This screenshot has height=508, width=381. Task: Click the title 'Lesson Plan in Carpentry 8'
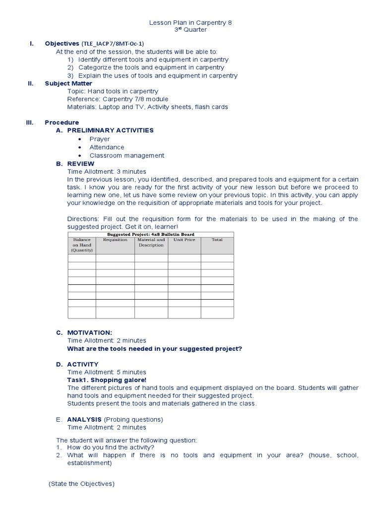tap(190, 23)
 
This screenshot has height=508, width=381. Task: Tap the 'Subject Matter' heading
tap(68, 83)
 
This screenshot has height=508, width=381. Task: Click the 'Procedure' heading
tap(62, 122)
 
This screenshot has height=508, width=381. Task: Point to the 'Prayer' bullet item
tap(100, 139)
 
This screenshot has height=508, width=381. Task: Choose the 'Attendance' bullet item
tap(107, 147)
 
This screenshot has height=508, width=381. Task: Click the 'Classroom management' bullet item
tap(127, 155)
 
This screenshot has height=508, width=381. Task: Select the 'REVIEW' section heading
tap(80, 164)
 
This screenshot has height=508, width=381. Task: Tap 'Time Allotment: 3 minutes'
tap(107, 172)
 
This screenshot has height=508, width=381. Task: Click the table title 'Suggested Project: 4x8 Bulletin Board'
tap(150, 234)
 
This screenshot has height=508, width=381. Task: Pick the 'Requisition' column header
tap(115, 240)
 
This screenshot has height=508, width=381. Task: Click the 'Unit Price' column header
tap(184, 240)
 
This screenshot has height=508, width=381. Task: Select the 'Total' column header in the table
tap(217, 240)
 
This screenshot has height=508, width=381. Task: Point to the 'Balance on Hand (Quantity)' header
tap(82, 245)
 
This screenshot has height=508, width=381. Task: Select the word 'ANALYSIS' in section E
tap(84, 419)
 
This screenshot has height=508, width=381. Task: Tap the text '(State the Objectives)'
tap(81, 484)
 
